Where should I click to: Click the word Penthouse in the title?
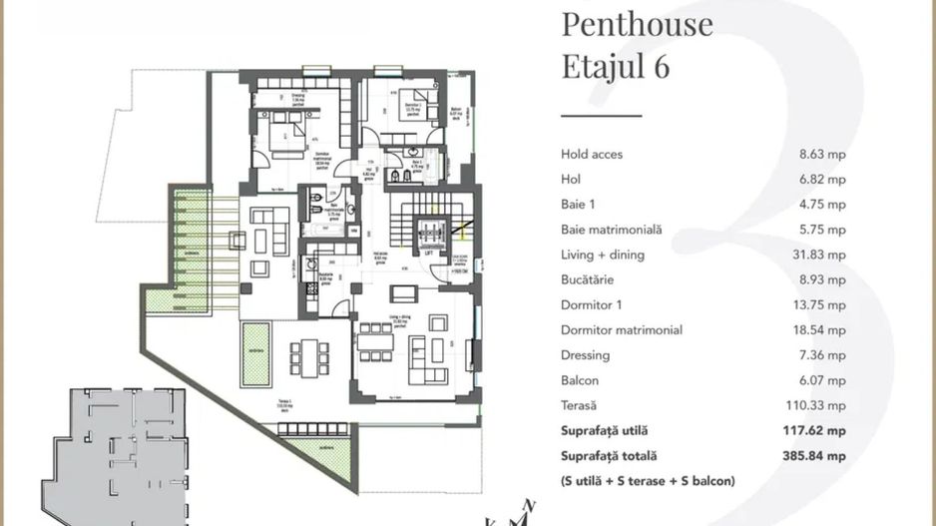[637, 23]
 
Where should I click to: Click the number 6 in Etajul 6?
[661, 67]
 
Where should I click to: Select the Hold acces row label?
[592, 155]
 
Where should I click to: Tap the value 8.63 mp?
[822, 155]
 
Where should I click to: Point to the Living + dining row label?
[603, 255]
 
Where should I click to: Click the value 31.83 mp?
[820, 255]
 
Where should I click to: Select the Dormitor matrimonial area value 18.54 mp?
[820, 330]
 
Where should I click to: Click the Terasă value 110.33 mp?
[818, 405]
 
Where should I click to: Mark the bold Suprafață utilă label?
[605, 431]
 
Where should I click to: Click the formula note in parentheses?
[648, 481]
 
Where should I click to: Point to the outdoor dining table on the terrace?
[308, 354]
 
